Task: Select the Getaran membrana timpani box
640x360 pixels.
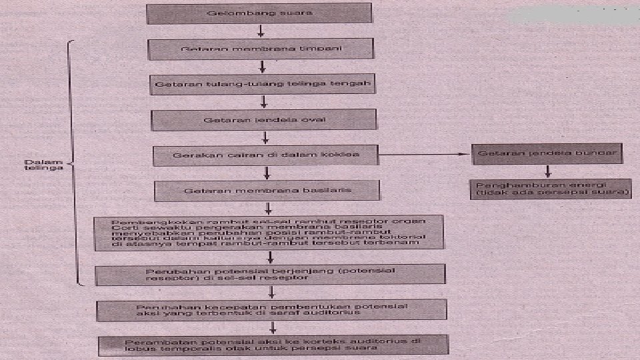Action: [x=259, y=49]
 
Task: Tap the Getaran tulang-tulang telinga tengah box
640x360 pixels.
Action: [x=261, y=85]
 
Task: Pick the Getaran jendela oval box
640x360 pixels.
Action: [x=263, y=120]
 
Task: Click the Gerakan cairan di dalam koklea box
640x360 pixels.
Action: [x=266, y=155]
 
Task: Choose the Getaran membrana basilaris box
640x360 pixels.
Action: [x=267, y=191]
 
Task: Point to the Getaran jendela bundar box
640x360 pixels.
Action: [x=547, y=153]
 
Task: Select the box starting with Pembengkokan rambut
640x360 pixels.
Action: [x=269, y=232]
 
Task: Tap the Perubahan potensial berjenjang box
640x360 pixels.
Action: [x=270, y=274]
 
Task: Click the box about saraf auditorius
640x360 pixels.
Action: [x=271, y=309]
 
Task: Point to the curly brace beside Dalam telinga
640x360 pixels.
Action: [x=72, y=163]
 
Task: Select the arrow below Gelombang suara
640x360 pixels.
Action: [x=261, y=31]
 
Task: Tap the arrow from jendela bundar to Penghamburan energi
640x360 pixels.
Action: [x=547, y=171]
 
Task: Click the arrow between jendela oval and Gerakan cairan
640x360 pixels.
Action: [x=265, y=137]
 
